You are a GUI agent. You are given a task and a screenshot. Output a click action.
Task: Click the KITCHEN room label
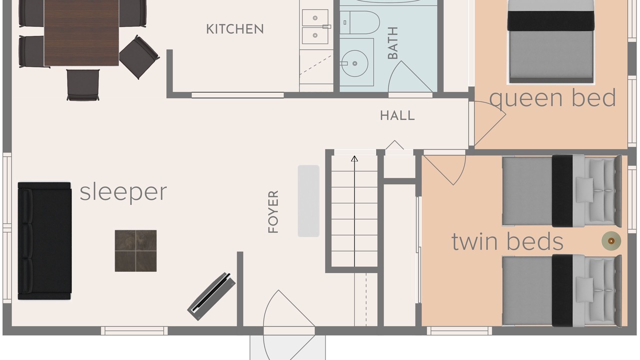(x=235, y=29)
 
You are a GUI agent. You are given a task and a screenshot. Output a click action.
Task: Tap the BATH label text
(x=393, y=43)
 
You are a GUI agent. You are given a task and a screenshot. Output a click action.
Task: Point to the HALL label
(x=397, y=115)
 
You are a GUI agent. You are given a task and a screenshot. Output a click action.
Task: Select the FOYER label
(x=273, y=211)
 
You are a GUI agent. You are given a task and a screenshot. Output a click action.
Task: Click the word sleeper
(x=123, y=192)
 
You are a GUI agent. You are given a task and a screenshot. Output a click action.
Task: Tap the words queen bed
(x=552, y=98)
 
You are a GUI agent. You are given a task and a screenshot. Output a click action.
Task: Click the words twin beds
(x=507, y=241)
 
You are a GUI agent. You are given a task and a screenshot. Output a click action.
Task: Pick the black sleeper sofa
(x=44, y=241)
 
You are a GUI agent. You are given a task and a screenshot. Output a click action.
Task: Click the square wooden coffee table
(x=135, y=251)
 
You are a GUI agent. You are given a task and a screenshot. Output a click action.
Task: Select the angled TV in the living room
(x=211, y=296)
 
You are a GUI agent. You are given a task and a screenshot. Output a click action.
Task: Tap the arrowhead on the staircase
(x=354, y=158)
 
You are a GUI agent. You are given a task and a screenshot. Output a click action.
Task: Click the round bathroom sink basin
(x=355, y=63)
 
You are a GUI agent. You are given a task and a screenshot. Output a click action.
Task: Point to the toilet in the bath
(x=360, y=22)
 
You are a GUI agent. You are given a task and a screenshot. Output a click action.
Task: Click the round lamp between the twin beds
(x=611, y=241)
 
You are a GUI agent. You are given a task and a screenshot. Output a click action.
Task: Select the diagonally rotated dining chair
(x=139, y=57)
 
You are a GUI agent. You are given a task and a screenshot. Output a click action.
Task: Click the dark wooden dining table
(x=81, y=32)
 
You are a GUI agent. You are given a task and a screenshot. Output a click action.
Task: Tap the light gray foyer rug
(x=308, y=201)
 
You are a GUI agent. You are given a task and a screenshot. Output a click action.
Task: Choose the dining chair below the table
(x=83, y=85)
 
